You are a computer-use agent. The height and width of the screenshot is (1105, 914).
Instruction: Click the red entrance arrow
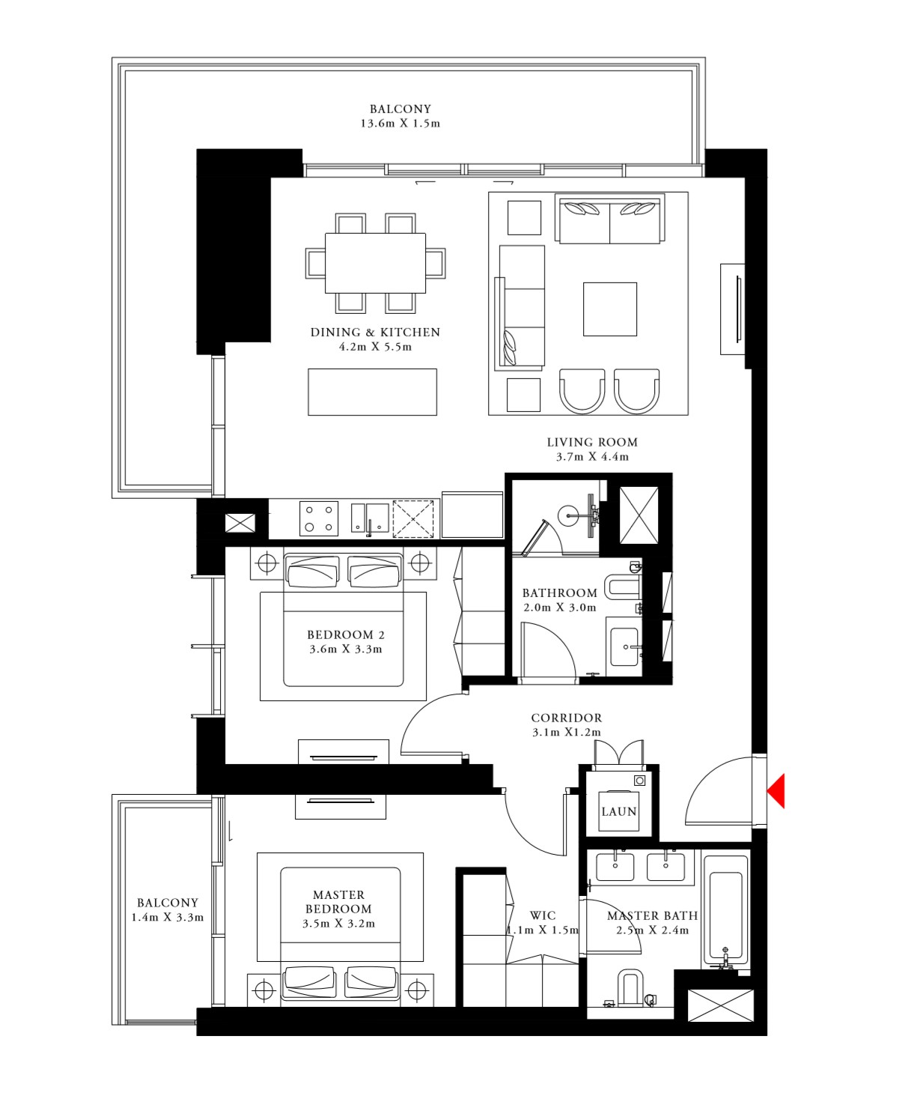pyautogui.click(x=777, y=791)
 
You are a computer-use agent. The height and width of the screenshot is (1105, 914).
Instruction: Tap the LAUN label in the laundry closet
pyautogui.click(x=619, y=811)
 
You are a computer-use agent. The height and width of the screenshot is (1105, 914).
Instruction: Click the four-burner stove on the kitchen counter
pyautogui.click(x=318, y=518)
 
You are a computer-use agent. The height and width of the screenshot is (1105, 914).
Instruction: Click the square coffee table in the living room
pyautogui.click(x=610, y=309)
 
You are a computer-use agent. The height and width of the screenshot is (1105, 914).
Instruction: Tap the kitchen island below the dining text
pyautogui.click(x=372, y=392)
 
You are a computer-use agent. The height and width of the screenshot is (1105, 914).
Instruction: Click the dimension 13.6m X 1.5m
pyautogui.click(x=400, y=124)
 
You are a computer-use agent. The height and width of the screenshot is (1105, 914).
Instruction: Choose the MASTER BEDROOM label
pyautogui.click(x=338, y=902)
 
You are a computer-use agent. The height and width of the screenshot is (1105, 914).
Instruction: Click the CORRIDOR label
pyautogui.click(x=567, y=718)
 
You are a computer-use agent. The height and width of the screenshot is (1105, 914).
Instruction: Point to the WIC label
pyautogui.click(x=543, y=915)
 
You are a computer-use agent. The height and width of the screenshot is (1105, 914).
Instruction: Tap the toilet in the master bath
pyautogui.click(x=631, y=988)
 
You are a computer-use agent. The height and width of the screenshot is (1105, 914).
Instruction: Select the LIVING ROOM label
pyautogui.click(x=592, y=442)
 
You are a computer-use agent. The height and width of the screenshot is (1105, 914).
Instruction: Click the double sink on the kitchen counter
pyautogui.click(x=370, y=518)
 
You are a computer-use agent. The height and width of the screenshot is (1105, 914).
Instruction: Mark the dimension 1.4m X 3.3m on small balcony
pyautogui.click(x=168, y=918)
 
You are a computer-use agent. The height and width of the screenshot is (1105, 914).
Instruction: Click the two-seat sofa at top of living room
pyautogui.click(x=610, y=219)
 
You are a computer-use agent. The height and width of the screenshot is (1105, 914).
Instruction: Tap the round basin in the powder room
pyautogui.click(x=570, y=514)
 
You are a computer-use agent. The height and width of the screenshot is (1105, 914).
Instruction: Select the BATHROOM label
pyautogui.click(x=560, y=593)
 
